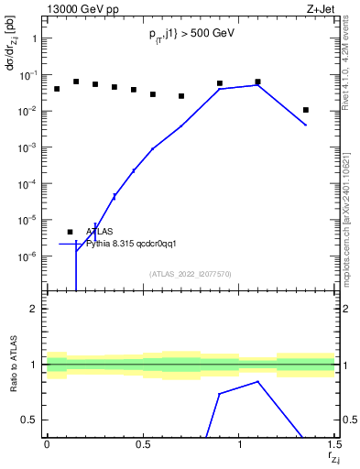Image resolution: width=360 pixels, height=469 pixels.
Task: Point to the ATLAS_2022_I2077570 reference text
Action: click(x=191, y=274)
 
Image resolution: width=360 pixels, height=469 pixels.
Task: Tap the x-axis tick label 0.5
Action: click(x=143, y=445)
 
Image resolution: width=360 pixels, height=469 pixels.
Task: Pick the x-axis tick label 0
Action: click(x=47, y=445)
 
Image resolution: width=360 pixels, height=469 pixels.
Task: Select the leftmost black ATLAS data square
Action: click(x=57, y=89)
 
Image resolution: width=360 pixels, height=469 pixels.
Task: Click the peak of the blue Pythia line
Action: click(x=258, y=85)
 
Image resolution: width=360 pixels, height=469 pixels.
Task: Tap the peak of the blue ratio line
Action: click(x=258, y=381)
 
